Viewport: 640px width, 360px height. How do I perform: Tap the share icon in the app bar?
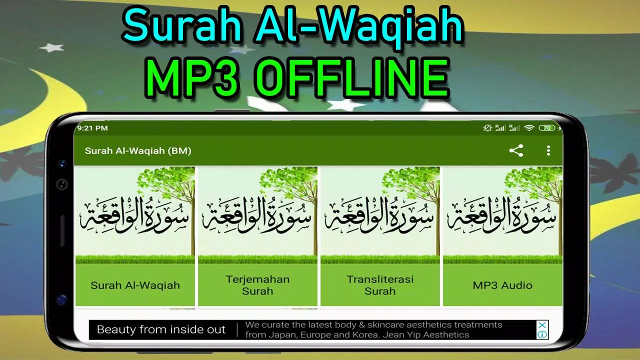pos(516,150)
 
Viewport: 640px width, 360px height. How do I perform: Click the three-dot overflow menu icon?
pos(548,150)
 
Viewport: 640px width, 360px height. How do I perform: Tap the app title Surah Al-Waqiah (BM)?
pos(138,151)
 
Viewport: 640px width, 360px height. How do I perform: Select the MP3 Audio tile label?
pos(502,285)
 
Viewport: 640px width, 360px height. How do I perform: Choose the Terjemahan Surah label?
pos(257,285)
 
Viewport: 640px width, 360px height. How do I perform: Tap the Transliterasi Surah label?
pos(380,285)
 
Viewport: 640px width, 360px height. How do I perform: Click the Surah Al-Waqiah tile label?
pos(135,285)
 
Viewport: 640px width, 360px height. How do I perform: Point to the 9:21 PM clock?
pos(92,128)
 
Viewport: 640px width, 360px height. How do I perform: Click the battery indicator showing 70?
pos(547,128)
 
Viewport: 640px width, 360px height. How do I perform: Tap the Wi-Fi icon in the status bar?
pos(529,128)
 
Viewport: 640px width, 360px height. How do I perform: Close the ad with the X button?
pos(542,325)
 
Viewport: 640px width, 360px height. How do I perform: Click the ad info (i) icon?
pos(542,334)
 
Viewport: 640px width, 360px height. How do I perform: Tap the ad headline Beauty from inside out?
pos(161,329)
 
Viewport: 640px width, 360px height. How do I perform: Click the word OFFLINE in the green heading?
pos(352,78)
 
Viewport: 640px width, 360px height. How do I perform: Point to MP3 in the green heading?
pos(192,78)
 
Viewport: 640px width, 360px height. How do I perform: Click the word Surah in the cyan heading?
pos(182,25)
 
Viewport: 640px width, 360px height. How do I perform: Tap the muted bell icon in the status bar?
pos(487,128)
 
